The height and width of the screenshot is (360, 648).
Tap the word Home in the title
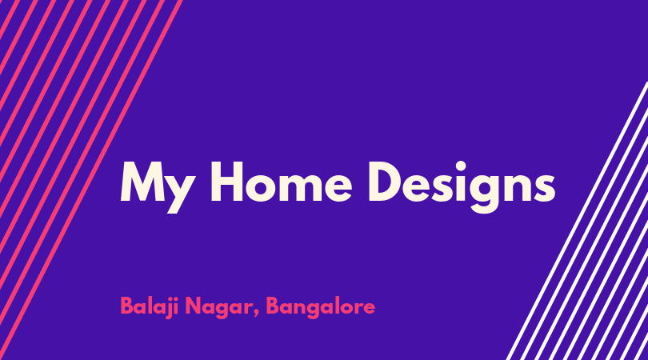coord(282,182)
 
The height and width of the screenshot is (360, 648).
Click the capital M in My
coord(139,182)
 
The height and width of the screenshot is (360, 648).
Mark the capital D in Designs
coord(387,182)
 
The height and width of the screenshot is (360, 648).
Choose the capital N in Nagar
coord(194,306)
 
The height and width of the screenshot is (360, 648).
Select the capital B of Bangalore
coord(273,306)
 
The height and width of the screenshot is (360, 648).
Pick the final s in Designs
coord(543,188)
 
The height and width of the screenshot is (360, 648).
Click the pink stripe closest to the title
coord(91,180)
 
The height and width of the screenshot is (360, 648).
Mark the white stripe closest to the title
coord(577,221)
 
